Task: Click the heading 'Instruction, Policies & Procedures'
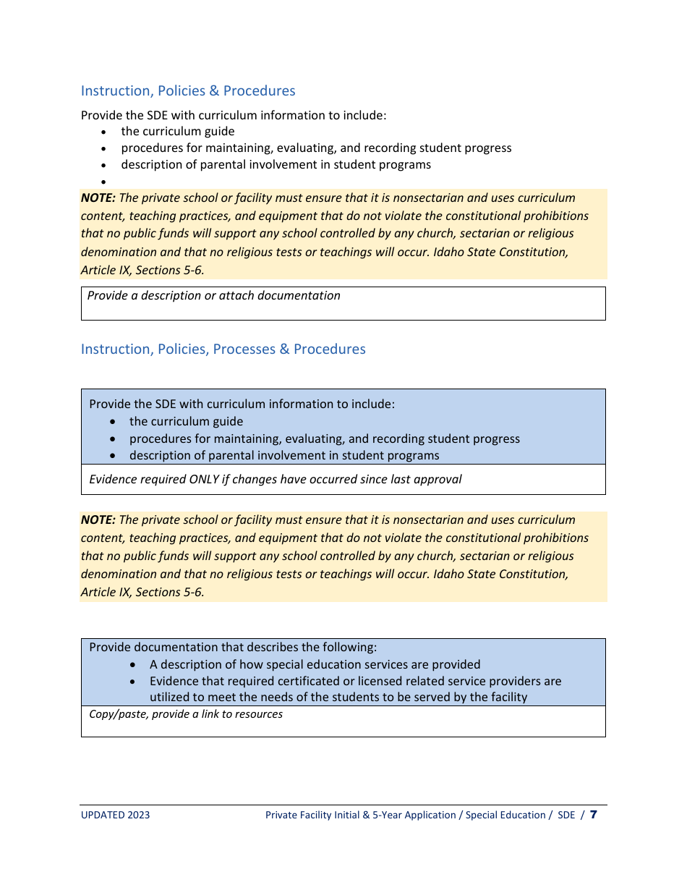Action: tap(188, 91)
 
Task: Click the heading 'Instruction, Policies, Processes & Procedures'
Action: tap(223, 349)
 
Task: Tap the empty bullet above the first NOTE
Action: tap(104, 182)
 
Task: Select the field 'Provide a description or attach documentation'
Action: tap(343, 304)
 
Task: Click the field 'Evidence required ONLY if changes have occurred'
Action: tap(343, 480)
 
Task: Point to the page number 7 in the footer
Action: tap(594, 815)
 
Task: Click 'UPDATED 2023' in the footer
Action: tap(115, 815)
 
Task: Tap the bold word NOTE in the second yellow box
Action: tap(98, 520)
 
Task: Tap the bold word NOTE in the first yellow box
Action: tap(98, 198)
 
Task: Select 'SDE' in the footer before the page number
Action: tap(566, 815)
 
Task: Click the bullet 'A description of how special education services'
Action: tap(315, 664)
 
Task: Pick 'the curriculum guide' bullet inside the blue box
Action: tap(186, 422)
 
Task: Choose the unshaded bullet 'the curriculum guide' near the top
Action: tap(177, 132)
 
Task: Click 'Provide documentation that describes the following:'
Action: tap(233, 648)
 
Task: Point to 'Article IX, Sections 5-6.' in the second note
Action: tap(142, 593)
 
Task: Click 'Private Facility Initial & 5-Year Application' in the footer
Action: tap(360, 815)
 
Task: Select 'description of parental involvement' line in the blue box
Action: tap(284, 456)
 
